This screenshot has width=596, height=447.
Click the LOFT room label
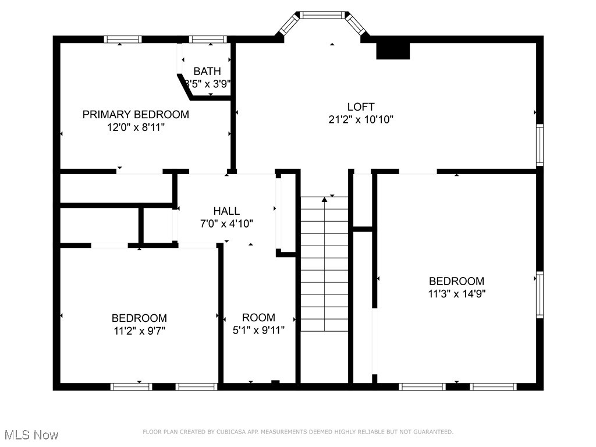360,107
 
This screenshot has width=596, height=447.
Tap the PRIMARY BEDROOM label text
136,115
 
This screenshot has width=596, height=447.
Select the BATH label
207,72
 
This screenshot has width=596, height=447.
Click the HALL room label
226,211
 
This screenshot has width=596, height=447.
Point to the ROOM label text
258,318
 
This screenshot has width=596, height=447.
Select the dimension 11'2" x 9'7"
139,331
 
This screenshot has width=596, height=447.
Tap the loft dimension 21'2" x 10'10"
360,120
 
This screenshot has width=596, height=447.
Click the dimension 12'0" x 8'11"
136,127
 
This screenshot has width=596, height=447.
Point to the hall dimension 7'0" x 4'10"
226,223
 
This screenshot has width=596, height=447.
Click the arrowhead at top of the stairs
324,200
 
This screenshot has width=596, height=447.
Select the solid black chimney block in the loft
393,51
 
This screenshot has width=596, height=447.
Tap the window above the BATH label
208,40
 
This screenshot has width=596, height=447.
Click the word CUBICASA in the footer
235,432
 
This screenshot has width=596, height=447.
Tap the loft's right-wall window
540,144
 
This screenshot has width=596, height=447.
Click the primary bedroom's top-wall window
123,40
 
